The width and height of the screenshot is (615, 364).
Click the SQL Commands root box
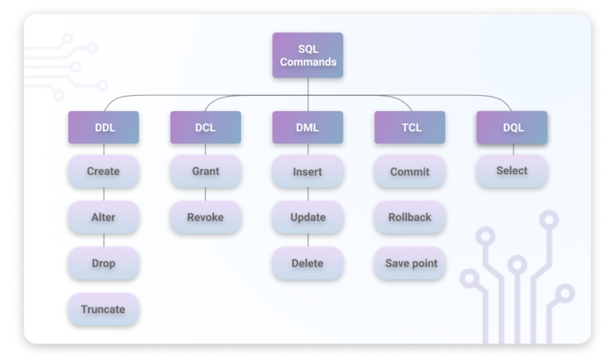click(x=307, y=55)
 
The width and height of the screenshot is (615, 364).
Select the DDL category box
click(x=103, y=127)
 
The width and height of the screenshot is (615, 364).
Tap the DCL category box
click(x=205, y=127)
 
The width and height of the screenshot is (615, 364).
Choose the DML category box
click(x=307, y=127)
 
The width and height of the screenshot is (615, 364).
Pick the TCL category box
click(x=409, y=127)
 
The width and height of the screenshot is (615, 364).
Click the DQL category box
click(x=512, y=127)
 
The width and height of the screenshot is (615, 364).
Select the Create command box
click(x=103, y=171)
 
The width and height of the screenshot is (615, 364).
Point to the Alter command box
click(x=103, y=218)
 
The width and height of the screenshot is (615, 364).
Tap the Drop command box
click(x=103, y=263)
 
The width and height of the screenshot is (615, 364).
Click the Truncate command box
click(x=103, y=309)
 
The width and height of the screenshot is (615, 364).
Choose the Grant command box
click(x=205, y=171)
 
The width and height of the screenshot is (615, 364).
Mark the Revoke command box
click(x=205, y=218)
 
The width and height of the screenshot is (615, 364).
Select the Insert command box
click(x=307, y=171)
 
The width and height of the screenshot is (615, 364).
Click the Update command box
click(x=307, y=218)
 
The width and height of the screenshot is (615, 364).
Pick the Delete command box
click(x=307, y=263)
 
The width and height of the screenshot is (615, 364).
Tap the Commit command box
click(x=409, y=171)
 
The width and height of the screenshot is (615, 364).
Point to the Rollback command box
click(x=409, y=218)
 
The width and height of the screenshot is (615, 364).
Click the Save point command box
click(x=409, y=263)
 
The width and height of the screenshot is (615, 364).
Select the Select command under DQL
click(x=512, y=171)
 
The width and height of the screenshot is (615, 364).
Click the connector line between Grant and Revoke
click(x=205, y=194)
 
